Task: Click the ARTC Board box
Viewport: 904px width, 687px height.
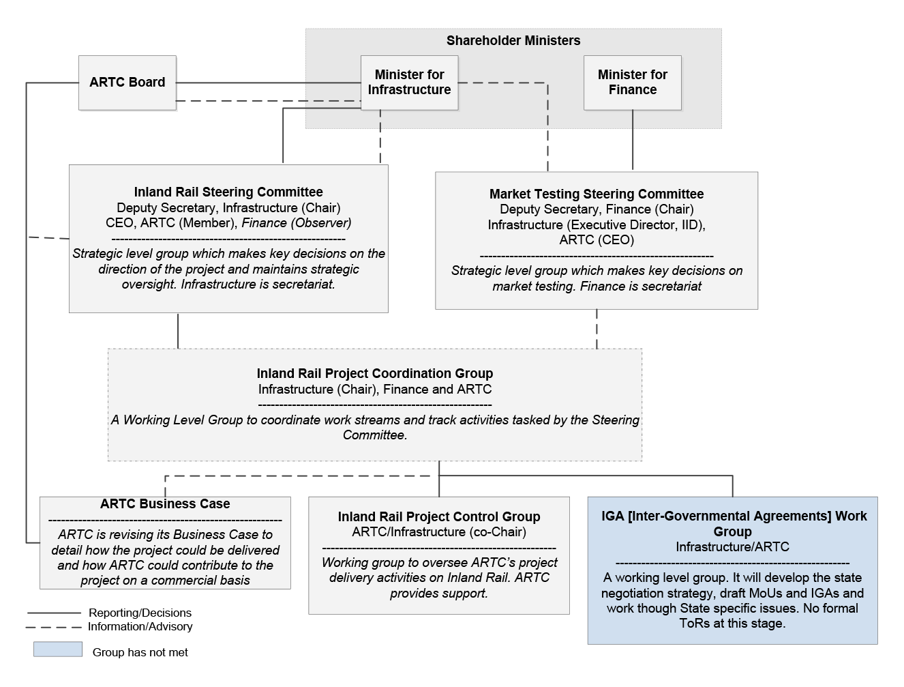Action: click(x=127, y=83)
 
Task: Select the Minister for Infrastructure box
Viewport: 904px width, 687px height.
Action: click(x=409, y=83)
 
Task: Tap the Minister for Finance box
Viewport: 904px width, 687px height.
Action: click(x=633, y=83)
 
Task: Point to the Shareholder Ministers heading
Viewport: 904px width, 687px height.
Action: click(x=513, y=40)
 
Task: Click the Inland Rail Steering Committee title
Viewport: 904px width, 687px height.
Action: click(x=228, y=192)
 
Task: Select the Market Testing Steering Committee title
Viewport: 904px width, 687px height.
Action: click(x=597, y=194)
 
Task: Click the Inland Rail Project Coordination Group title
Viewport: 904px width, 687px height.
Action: click(x=375, y=373)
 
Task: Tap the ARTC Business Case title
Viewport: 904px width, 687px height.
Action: click(x=165, y=503)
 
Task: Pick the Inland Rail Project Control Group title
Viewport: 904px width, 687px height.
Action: click(x=439, y=516)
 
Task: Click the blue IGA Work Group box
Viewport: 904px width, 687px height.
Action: click(x=733, y=570)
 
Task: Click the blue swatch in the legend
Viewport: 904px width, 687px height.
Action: click(x=58, y=649)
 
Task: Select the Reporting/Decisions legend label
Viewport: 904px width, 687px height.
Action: click(x=140, y=613)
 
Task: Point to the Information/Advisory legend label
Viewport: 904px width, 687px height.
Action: click(x=140, y=626)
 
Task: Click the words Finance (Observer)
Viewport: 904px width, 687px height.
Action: click(x=297, y=223)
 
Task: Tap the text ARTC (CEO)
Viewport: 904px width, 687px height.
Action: click(x=597, y=240)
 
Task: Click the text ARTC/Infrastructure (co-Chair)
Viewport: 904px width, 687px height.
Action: click(x=439, y=532)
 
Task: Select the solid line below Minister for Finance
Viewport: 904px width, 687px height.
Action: click(x=633, y=140)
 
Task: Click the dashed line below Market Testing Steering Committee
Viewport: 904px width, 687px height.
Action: click(x=597, y=329)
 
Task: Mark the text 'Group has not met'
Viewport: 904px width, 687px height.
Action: click(x=140, y=652)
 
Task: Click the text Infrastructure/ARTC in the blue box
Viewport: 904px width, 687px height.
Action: click(x=733, y=547)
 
